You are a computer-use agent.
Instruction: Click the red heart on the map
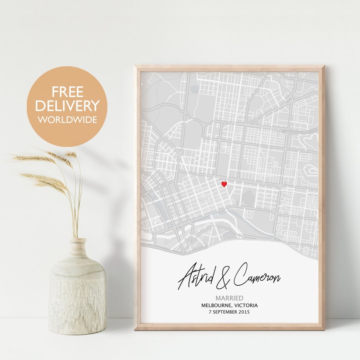[224, 184]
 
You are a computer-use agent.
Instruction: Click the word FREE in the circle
[67, 92]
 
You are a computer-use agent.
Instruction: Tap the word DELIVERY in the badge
[67, 106]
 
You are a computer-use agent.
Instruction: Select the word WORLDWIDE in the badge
[67, 120]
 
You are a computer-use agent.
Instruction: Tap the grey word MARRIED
[229, 298]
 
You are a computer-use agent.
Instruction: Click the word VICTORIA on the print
[245, 305]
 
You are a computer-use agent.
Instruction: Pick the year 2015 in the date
[243, 312]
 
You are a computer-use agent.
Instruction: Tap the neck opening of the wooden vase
[78, 240]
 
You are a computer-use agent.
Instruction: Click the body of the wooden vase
[78, 295]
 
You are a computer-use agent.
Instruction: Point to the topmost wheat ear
[71, 155]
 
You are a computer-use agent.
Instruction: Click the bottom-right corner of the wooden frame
[323, 327]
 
